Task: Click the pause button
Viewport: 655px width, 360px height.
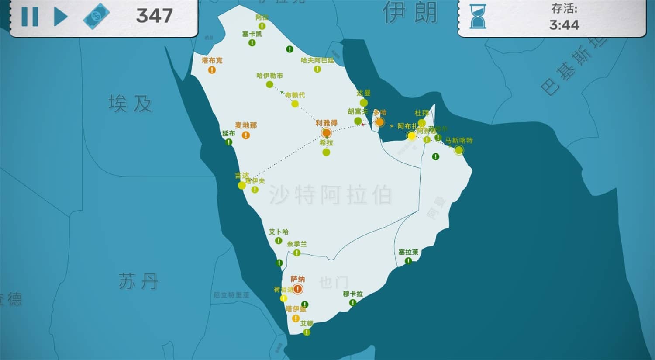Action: (x=30, y=17)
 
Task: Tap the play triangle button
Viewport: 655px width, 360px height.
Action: (x=60, y=17)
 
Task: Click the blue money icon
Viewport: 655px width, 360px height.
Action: (x=96, y=16)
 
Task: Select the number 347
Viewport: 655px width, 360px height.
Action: (x=154, y=16)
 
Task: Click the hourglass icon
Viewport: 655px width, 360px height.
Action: (x=478, y=17)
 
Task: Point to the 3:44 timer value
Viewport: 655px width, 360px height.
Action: (x=564, y=25)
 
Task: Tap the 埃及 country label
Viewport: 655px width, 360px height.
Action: (x=130, y=104)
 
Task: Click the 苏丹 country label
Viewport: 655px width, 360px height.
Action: (x=138, y=281)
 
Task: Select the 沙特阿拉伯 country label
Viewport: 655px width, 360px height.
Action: (x=330, y=194)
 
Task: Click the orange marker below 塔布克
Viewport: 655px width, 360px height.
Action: (x=212, y=70)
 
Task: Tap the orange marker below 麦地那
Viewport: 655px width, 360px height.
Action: (x=246, y=135)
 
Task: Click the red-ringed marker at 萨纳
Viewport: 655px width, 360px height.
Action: (x=298, y=289)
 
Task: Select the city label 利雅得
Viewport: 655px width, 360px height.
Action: (x=326, y=123)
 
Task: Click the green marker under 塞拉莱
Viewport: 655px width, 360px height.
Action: (x=408, y=261)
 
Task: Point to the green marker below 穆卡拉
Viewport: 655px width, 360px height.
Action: (x=353, y=302)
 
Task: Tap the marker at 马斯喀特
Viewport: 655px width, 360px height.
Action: (x=458, y=150)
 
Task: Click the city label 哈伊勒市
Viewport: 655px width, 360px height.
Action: (x=269, y=76)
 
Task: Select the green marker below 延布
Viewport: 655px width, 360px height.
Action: (x=229, y=142)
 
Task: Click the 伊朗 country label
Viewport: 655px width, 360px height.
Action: (x=410, y=12)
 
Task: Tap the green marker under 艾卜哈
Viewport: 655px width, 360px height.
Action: (x=279, y=241)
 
